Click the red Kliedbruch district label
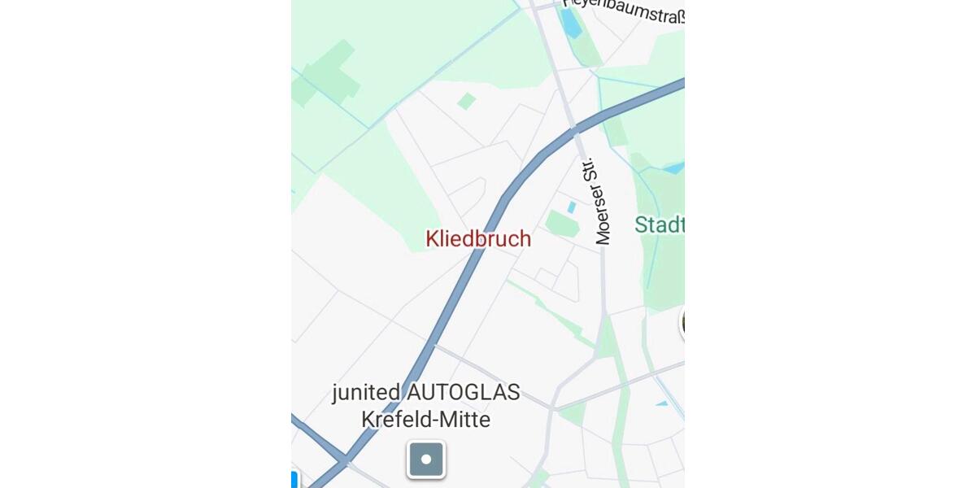[478, 239]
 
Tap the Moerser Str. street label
[603, 201]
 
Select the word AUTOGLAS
[464, 392]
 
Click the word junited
[367, 392]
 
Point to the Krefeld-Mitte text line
[426, 420]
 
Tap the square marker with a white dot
[426, 460]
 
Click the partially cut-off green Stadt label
[660, 224]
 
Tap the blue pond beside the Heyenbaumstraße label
[572, 23]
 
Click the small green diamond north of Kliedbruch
[466, 101]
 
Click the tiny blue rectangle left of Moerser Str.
[571, 207]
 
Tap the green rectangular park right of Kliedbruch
[562, 223]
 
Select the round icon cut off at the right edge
[682, 322]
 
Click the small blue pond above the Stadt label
[673, 168]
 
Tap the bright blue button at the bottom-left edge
[294, 479]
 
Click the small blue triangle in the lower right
[662, 403]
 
